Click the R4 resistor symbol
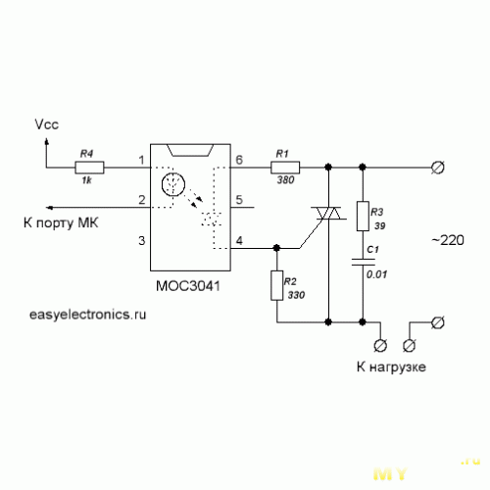[x=89, y=168]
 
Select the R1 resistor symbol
[x=285, y=168]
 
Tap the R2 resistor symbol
[x=276, y=285]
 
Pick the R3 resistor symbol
[x=363, y=216]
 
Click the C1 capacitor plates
[x=363, y=262]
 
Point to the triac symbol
[x=328, y=213]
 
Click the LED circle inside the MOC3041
[x=173, y=184]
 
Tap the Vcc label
[x=47, y=124]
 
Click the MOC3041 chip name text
[x=188, y=286]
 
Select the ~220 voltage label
[x=448, y=240]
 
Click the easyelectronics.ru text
[x=87, y=315]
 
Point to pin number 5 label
[x=239, y=200]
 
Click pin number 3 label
[x=141, y=240]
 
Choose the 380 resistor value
[x=285, y=179]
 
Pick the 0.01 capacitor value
[x=376, y=274]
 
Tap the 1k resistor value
[x=86, y=180]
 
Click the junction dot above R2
[x=276, y=248]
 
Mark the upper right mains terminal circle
[x=437, y=168]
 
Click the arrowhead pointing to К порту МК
[x=50, y=208]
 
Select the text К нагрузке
[x=391, y=367]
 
